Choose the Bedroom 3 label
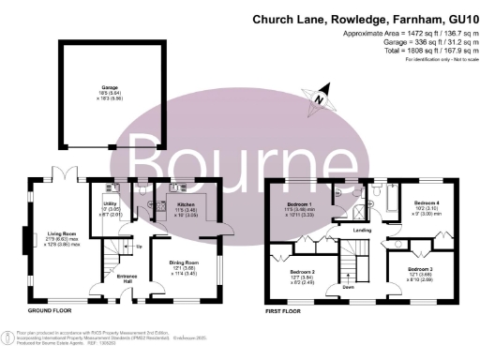[x=419, y=273]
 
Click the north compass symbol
[x=321, y=94]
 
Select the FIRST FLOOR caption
[x=287, y=308]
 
